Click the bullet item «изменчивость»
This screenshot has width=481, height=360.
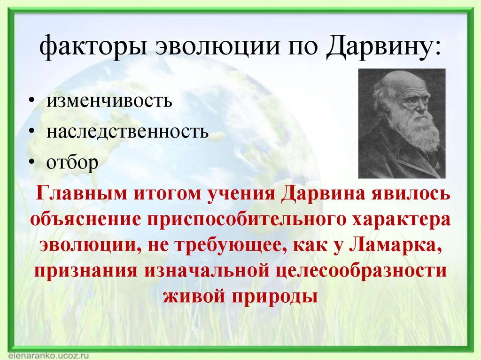pos(109,100)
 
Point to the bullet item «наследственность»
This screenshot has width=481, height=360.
pos(127,131)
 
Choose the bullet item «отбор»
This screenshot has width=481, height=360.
pos(72,162)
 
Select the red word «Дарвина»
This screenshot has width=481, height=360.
pos(323,194)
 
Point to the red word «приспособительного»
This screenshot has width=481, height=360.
pos(246,220)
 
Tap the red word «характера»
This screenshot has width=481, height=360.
pos(401,220)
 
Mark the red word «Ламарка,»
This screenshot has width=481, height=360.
pos(396,246)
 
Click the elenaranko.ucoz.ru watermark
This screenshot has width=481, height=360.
pos(48,356)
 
